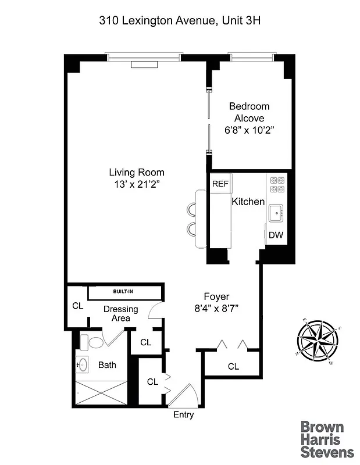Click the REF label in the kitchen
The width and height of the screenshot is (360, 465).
coord(220,184)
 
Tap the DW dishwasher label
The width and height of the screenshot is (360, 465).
coord(276,235)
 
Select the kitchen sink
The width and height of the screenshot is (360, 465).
coord(276,212)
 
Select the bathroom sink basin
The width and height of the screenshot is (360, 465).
coord(83,365)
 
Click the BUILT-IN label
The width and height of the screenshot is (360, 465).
coord(124,291)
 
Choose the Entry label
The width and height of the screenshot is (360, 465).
coord(184,415)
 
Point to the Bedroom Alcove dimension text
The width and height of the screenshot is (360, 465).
coord(249,131)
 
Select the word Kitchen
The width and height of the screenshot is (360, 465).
coord(248,202)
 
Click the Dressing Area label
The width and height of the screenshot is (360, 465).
coord(121,314)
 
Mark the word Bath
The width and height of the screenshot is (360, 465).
coord(107,365)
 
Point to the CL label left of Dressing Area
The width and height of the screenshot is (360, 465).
coord(77,306)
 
